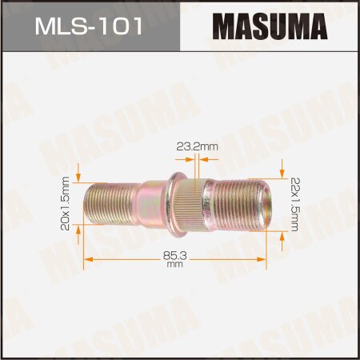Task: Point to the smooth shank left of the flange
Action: point(149,203)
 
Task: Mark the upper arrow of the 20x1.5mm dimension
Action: point(78,176)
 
